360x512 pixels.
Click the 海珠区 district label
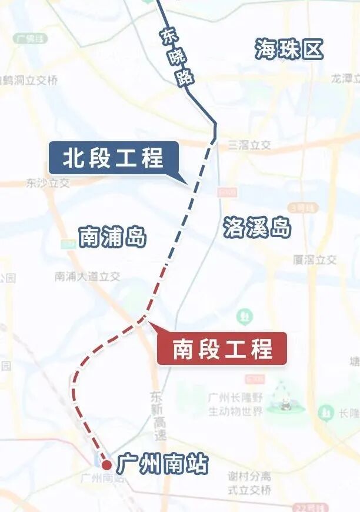tap(289, 50)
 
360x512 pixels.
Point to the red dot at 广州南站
tap(106, 464)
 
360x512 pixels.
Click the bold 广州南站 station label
tap(162, 464)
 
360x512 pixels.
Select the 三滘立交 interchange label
tap(249, 145)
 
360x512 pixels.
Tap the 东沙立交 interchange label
tap(48, 183)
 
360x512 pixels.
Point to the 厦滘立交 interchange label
tap(315, 260)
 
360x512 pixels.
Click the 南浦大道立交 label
tap(87, 276)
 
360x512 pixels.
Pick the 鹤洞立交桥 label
tap(29, 80)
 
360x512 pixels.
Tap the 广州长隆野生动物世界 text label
tap(235, 404)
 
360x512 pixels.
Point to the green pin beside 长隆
tap(326, 413)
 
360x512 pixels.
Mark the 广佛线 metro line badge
tap(31, 38)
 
